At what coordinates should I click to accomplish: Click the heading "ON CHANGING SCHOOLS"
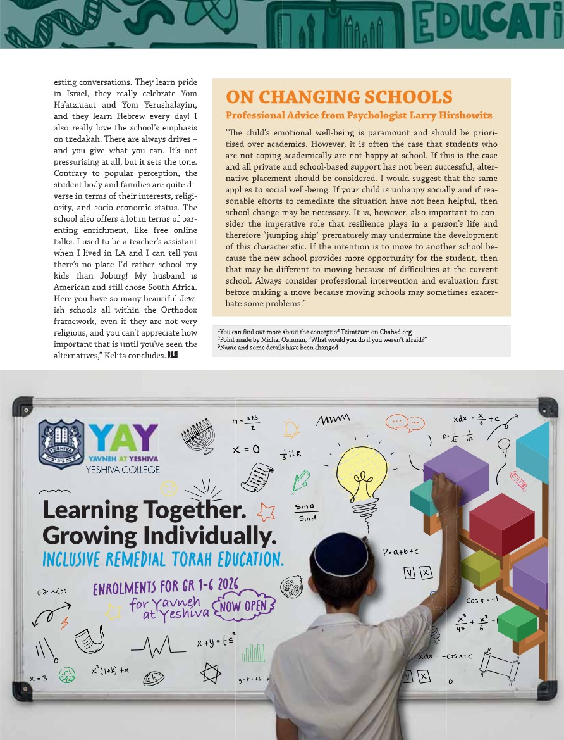339,97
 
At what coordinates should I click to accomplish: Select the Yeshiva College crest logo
61,444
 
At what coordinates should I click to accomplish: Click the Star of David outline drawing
211,673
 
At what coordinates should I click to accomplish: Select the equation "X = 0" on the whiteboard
247,449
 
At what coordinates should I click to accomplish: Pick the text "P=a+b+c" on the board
401,552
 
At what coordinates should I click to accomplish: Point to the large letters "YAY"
123,437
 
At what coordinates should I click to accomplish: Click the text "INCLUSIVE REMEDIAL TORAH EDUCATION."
163,560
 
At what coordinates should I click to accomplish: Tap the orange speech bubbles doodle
405,422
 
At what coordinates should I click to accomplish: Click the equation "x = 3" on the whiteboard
39,679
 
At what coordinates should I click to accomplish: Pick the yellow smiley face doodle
168,488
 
